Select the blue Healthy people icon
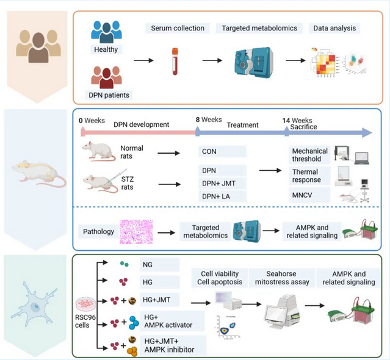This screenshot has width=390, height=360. [x=106, y=32]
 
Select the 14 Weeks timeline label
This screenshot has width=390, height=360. [x=298, y=120]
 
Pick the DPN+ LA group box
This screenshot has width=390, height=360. [x=222, y=196]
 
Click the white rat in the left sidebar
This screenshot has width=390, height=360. [x=37, y=170]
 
